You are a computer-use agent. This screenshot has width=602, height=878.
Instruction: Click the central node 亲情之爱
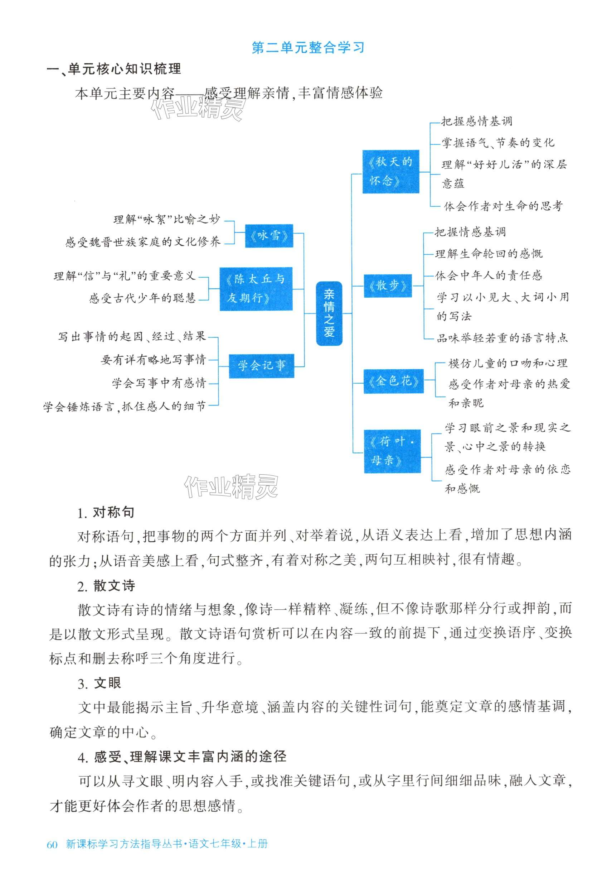pos(329,313)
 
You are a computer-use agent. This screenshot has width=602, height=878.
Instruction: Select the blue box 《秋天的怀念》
pos(390,172)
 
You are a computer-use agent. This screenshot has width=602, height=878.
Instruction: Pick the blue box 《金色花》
pos(393,381)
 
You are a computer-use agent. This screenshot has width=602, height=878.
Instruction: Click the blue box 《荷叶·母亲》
pos(392,451)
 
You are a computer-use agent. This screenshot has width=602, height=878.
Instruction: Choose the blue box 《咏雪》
pos(269,236)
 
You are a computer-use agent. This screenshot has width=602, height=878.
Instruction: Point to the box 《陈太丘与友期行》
pos(256,289)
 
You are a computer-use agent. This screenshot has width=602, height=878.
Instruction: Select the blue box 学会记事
pos(261,366)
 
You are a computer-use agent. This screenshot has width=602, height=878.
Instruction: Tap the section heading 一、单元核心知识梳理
pos(113,69)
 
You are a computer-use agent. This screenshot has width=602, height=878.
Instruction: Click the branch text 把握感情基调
pos(476,121)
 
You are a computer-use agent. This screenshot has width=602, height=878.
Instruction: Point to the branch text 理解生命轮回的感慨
pos(489,254)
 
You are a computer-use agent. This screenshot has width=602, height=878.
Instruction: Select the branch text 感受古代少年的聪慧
pos(142,298)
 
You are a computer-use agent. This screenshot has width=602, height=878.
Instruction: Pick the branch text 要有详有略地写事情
pos(153,360)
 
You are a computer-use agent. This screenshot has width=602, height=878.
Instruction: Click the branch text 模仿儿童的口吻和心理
pos(508,364)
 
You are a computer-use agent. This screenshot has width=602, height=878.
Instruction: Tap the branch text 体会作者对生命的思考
pos(503,206)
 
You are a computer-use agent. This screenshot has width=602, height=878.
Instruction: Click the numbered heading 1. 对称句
pos(106,513)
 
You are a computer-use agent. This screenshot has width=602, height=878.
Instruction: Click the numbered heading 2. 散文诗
pos(106,586)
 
